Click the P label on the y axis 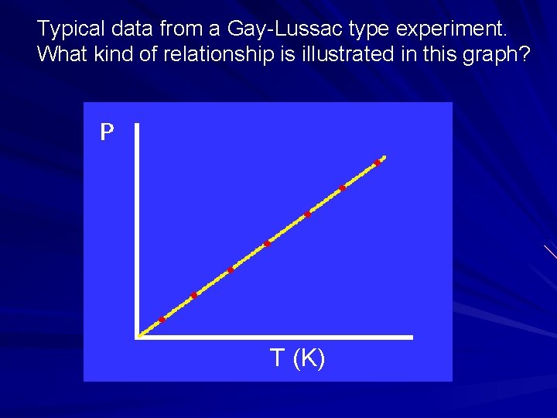coord(107,133)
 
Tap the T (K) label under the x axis coord(298,358)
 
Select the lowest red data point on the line coord(162,320)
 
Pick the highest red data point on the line coord(378,163)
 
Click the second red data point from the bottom coord(194,294)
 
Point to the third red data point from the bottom coord(231,270)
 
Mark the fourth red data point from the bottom coord(267,244)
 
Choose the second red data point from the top coord(342,188)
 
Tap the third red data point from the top coord(307,214)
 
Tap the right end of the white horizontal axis coord(411,337)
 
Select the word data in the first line coord(127,30)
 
